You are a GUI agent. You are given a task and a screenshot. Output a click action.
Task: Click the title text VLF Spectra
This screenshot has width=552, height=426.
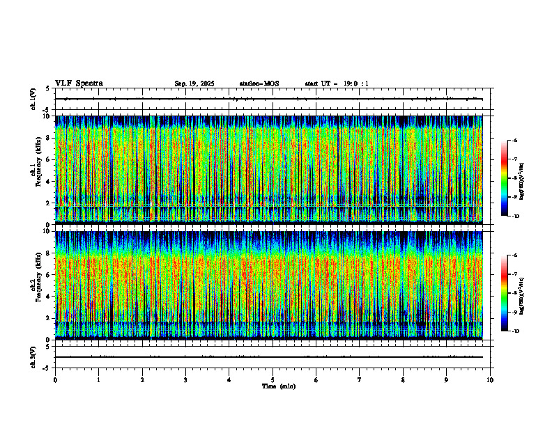click(79, 84)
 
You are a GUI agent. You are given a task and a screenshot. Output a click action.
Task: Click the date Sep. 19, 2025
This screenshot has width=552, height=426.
click(194, 84)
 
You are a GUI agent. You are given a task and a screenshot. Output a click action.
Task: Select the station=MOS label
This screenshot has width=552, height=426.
click(259, 84)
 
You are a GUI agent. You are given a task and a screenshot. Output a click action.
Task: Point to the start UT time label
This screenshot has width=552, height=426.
click(337, 84)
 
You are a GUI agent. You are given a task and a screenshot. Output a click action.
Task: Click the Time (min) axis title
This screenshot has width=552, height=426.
click(278, 386)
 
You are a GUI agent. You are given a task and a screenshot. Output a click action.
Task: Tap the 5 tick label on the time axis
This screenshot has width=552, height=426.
click(273, 380)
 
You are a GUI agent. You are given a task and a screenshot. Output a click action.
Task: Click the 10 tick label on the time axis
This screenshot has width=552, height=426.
click(490, 380)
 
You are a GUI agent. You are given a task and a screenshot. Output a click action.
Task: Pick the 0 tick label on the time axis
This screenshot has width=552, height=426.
click(55, 380)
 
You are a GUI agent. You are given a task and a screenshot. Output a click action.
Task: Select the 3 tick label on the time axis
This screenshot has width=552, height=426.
click(185, 380)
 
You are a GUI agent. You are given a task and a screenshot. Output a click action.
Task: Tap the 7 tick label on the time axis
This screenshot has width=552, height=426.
click(360, 380)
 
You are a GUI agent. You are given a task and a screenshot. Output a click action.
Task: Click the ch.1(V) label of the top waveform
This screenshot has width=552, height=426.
click(33, 99)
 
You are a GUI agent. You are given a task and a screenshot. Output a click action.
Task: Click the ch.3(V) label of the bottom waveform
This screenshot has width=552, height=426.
click(33, 356)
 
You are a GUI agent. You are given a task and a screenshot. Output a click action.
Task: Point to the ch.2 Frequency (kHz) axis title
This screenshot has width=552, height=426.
click(36, 284)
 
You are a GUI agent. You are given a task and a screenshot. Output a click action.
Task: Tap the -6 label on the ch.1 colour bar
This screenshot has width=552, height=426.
click(514, 141)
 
